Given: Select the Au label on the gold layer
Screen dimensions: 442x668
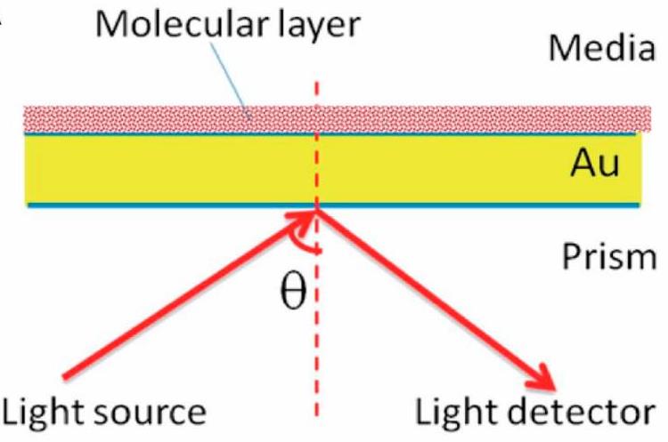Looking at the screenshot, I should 594,165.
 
